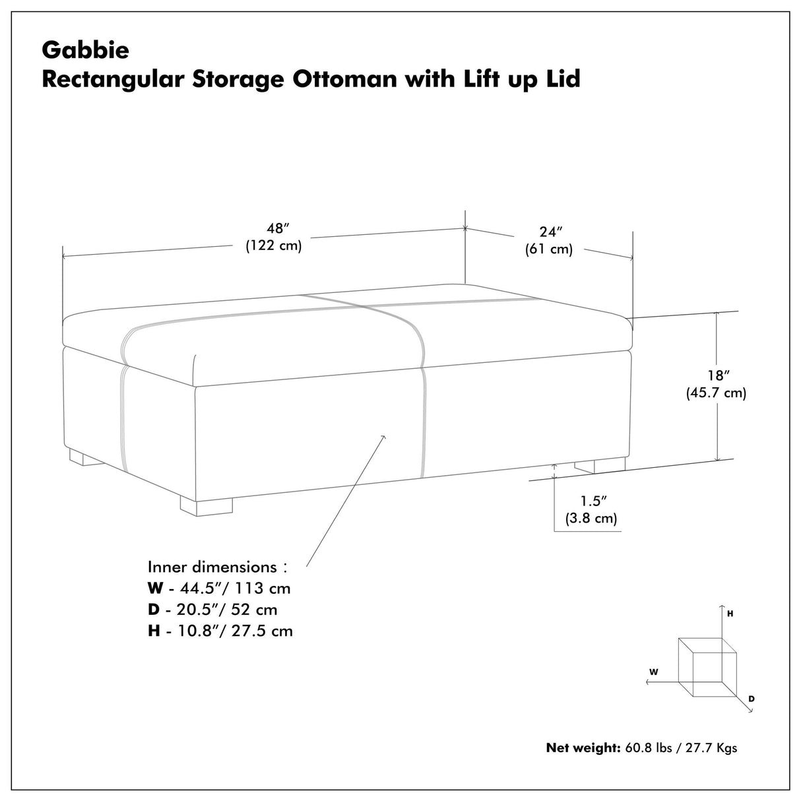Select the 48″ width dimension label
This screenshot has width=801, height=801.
278,228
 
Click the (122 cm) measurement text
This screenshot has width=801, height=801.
274,246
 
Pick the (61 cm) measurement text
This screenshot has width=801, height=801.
549,249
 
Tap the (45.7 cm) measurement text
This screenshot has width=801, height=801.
717,393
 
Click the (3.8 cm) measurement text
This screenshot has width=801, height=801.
591,519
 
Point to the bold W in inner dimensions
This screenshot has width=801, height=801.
154,588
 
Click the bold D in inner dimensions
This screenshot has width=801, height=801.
153,609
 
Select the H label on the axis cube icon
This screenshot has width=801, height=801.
730,614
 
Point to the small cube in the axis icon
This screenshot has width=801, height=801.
707,667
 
